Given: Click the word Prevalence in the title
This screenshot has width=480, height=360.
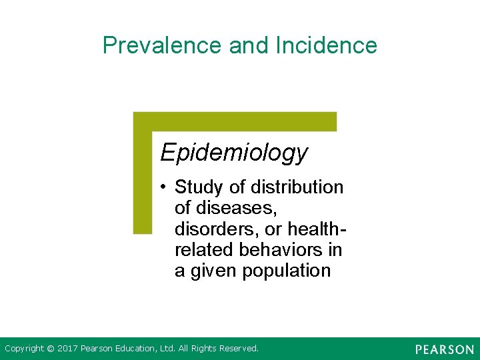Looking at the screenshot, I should click(x=163, y=45).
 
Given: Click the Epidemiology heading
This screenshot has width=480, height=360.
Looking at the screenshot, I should click(x=234, y=153).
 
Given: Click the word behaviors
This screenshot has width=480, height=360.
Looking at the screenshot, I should click(x=287, y=250).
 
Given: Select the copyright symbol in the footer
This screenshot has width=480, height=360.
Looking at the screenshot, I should click(x=51, y=349).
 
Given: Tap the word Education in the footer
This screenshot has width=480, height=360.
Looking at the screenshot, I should click(x=137, y=349).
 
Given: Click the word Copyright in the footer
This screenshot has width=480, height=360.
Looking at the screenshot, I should click(x=24, y=349).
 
